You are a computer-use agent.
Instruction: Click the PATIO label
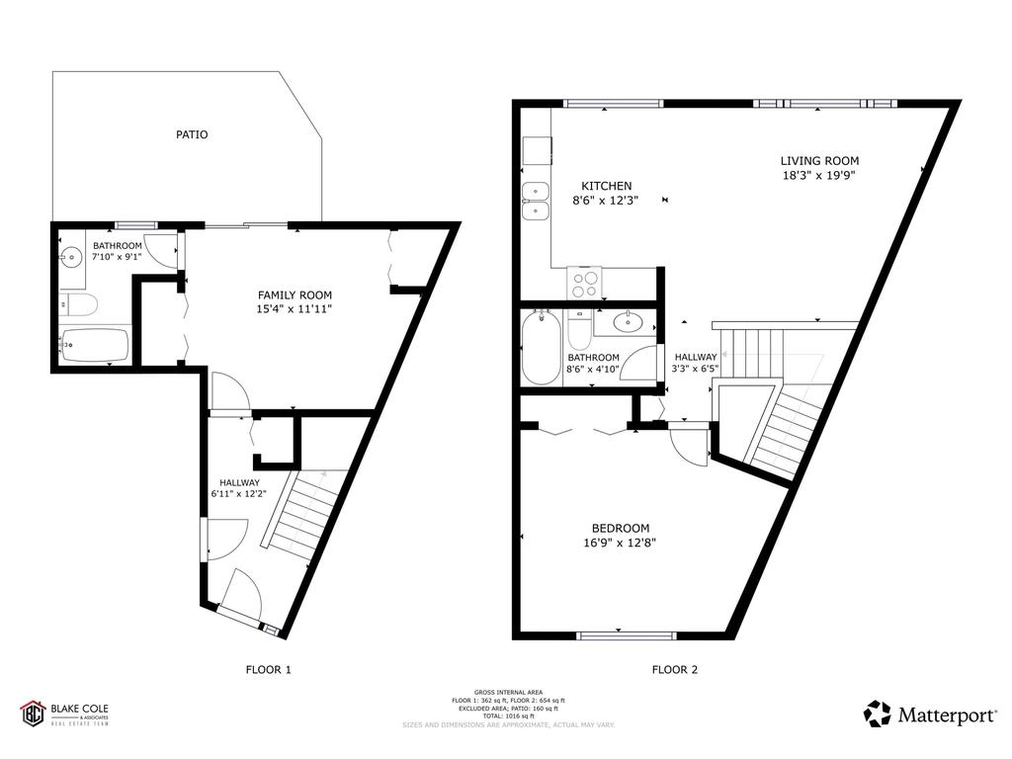pyautogui.click(x=192, y=134)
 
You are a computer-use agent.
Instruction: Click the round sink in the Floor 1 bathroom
pyautogui.click(x=70, y=259)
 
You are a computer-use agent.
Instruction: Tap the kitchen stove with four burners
pyautogui.click(x=584, y=283)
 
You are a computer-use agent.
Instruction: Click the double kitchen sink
pyautogui.click(x=536, y=201)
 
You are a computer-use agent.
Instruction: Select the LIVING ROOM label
pyautogui.click(x=819, y=161)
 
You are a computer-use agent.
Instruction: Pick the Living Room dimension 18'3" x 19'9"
pyautogui.click(x=819, y=176)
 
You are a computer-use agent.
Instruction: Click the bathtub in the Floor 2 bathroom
pyautogui.click(x=541, y=348)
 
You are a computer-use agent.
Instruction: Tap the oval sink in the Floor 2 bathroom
pyautogui.click(x=628, y=321)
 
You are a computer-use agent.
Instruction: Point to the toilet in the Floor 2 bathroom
pyautogui.click(x=579, y=325)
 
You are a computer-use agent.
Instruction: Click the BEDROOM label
pyautogui.click(x=621, y=528)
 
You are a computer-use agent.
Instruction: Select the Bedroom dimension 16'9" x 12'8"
pyautogui.click(x=621, y=543)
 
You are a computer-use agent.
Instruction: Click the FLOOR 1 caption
pyautogui.click(x=268, y=670)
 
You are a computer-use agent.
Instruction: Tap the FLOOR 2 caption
pyautogui.click(x=675, y=670)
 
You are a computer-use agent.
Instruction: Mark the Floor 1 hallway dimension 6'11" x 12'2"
pyautogui.click(x=239, y=496)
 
